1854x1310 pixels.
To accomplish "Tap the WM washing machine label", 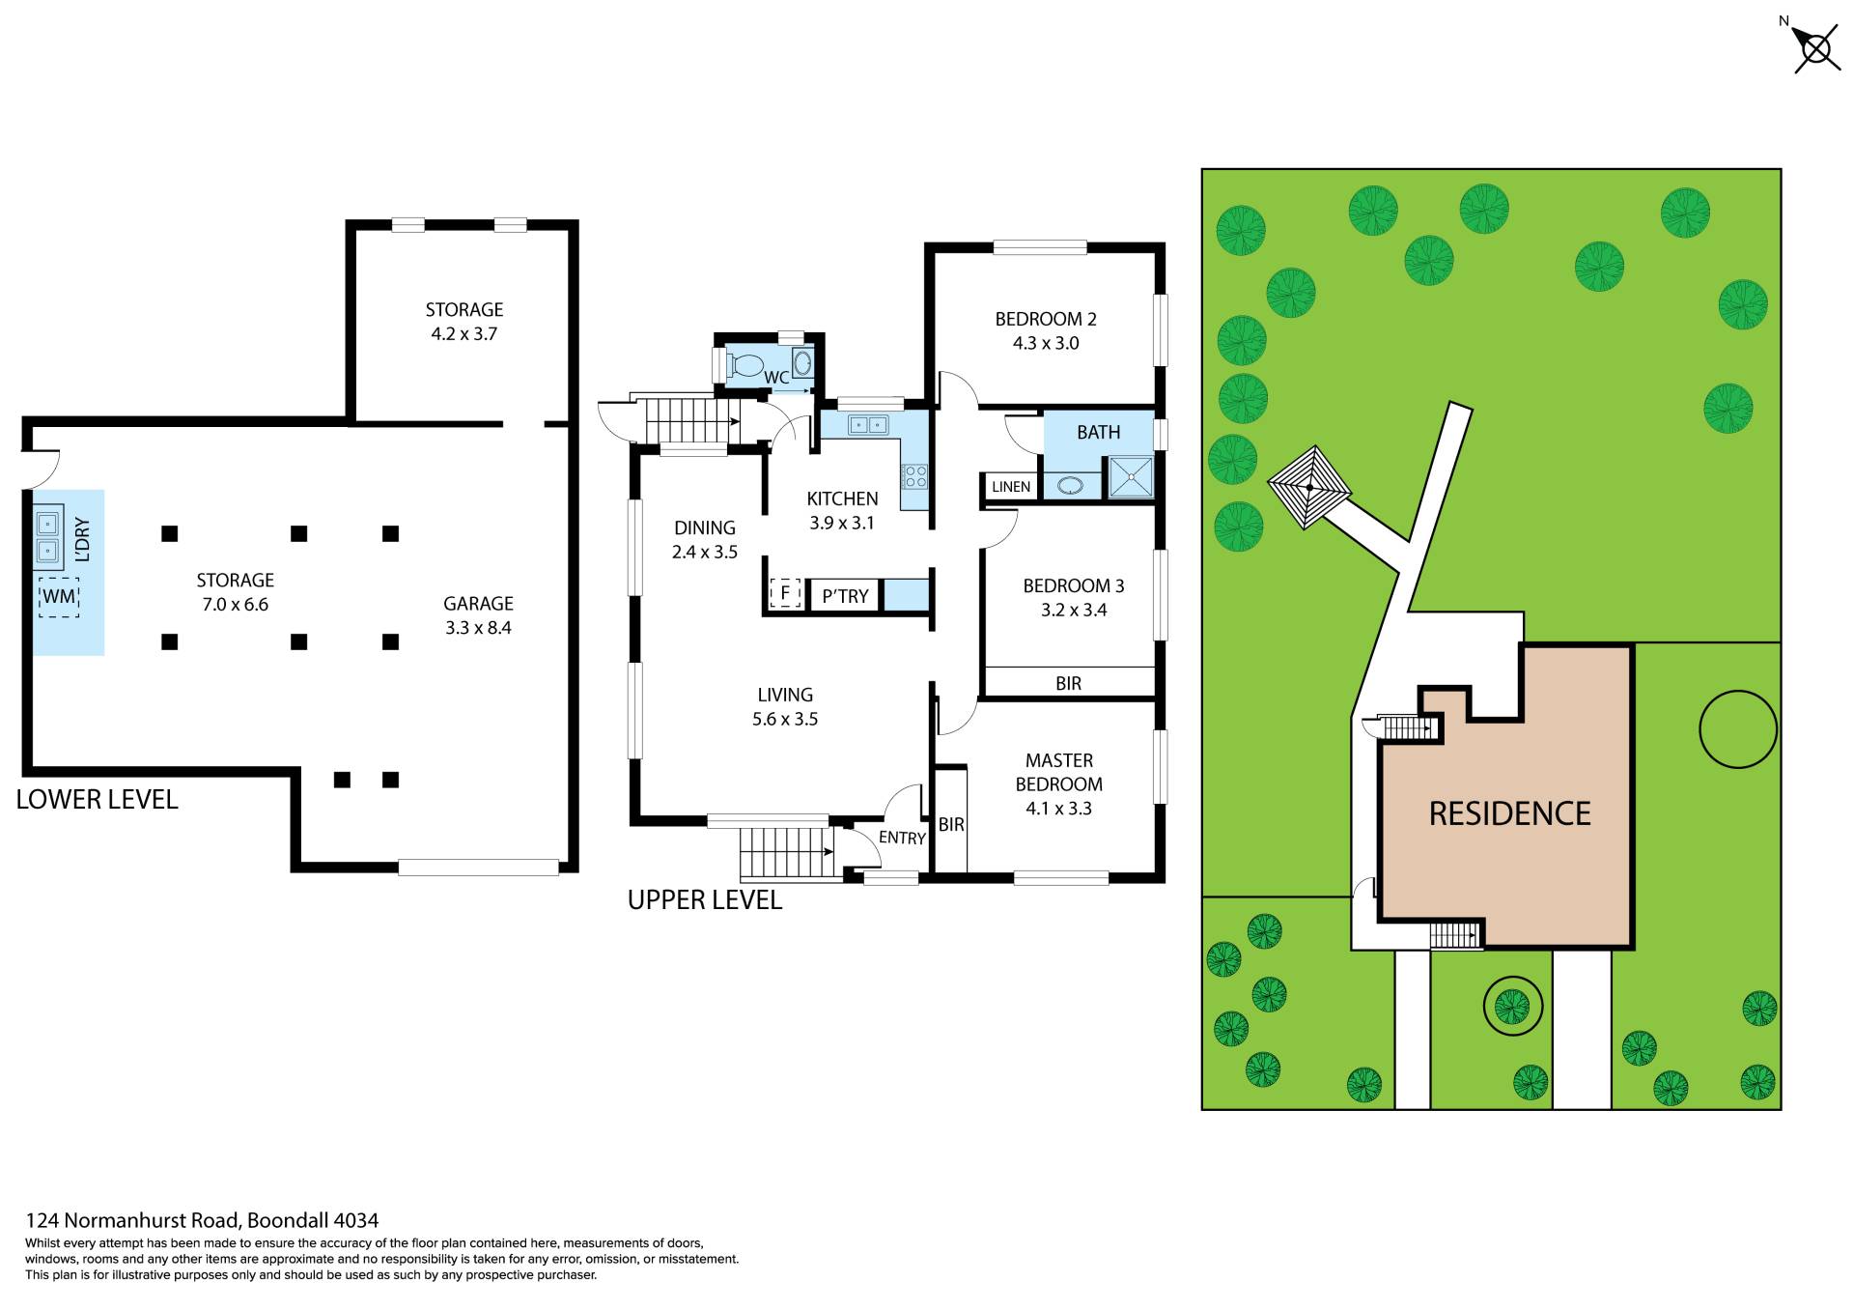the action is click(59, 597).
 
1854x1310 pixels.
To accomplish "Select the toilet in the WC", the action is click(746, 365).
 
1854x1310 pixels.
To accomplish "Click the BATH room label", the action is click(1099, 432).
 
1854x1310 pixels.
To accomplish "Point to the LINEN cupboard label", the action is click(1011, 487).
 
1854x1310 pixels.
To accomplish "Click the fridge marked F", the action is click(785, 593).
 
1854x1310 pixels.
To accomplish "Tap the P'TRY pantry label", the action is click(845, 596).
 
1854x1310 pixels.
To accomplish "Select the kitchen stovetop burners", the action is click(914, 476).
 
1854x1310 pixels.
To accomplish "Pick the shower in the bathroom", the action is click(1130, 476).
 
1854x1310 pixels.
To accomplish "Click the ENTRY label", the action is click(902, 838).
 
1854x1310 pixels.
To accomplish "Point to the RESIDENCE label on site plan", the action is click(1509, 813).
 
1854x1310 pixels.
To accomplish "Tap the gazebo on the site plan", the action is click(1308, 487).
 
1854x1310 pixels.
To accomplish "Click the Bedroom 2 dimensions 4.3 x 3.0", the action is click(1046, 343).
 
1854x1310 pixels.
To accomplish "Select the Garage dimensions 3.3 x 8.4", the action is click(478, 628).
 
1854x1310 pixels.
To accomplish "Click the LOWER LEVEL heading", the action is click(98, 800).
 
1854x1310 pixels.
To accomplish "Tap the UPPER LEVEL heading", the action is click(705, 900).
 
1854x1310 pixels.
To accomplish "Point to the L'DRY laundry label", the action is click(82, 540).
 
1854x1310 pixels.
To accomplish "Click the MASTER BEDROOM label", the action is click(1059, 773).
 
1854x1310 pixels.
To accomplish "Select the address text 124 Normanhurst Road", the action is click(132, 1220).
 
